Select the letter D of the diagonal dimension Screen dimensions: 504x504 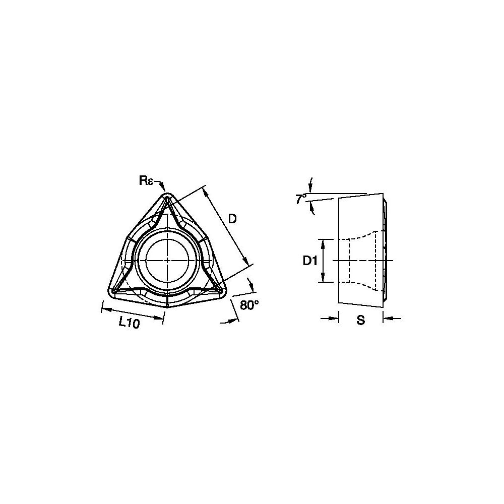(232, 219)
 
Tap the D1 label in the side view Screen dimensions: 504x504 (309, 261)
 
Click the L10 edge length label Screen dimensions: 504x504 (129, 323)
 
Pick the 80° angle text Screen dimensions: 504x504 (249, 305)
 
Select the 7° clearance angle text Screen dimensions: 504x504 (300, 199)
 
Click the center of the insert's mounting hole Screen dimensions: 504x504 (166, 260)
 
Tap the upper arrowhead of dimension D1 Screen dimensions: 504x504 (323, 242)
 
